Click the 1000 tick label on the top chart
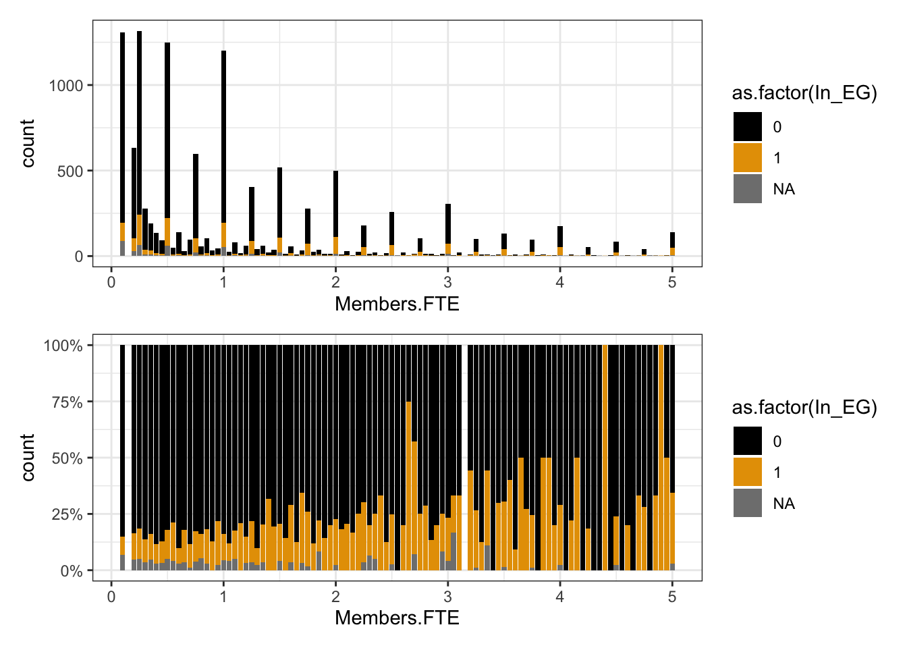pos(65,86)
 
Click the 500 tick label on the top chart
pos(70,171)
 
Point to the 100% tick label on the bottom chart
pos(63,346)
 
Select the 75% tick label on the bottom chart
pos(67,402)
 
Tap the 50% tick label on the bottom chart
pos(67,458)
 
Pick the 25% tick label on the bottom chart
pos(67,515)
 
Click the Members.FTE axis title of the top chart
pos(397,304)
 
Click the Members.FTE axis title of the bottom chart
pos(397,618)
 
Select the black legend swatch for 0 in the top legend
pos(748,127)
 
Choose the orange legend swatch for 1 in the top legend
pos(748,158)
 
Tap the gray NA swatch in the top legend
pos(748,189)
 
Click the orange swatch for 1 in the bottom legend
pos(748,473)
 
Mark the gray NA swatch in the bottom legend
pos(748,504)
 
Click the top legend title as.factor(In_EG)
pos(804,93)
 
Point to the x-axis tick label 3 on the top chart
pos(447,283)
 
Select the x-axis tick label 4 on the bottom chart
pos(559,597)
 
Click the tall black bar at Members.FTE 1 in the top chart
pos(223,135)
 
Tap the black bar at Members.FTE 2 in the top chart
pos(335,202)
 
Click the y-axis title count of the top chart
pos(28,144)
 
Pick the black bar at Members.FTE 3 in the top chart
pos(447,223)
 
